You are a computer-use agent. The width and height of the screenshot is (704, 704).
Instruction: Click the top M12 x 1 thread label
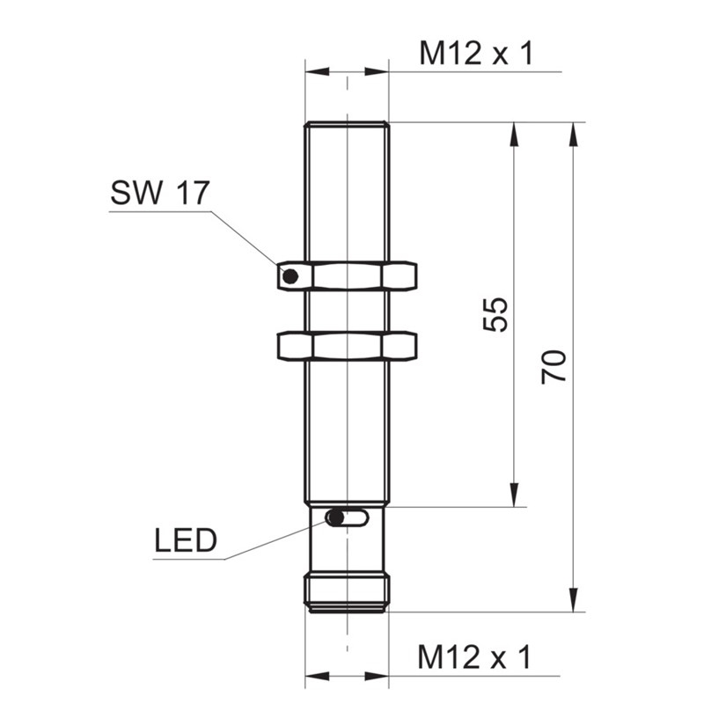tap(476, 54)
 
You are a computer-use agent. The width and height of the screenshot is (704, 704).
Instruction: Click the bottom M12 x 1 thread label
tap(474, 657)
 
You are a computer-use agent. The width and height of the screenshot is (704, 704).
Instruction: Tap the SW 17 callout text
tap(160, 193)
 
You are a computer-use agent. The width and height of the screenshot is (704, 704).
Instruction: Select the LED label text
tap(186, 540)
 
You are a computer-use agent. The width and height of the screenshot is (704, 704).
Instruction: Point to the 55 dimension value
tap(495, 314)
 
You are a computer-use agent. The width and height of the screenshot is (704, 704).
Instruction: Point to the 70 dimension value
tap(554, 367)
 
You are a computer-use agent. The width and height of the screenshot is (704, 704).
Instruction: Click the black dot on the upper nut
tap(290, 276)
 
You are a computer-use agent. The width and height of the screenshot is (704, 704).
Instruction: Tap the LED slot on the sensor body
tap(347, 517)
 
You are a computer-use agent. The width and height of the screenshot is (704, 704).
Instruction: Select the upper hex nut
tap(347, 276)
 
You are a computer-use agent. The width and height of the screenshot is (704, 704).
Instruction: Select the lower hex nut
tap(347, 346)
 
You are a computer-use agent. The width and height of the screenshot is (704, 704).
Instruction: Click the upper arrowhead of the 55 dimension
tap(514, 134)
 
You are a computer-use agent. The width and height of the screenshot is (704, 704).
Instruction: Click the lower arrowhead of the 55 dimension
tap(514, 495)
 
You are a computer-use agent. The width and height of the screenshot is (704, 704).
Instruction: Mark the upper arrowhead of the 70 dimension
tap(573, 134)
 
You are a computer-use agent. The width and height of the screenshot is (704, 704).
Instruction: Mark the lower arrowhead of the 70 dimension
tap(573, 600)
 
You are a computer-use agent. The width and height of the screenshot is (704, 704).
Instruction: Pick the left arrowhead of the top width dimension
tap(317, 71)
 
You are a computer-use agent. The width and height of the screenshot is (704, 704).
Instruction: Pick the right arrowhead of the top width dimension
tap(377, 71)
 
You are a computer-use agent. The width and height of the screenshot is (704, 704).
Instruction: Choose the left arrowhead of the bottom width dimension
tap(317, 676)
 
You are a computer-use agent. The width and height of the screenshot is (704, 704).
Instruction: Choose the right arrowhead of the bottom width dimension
tap(377, 676)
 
